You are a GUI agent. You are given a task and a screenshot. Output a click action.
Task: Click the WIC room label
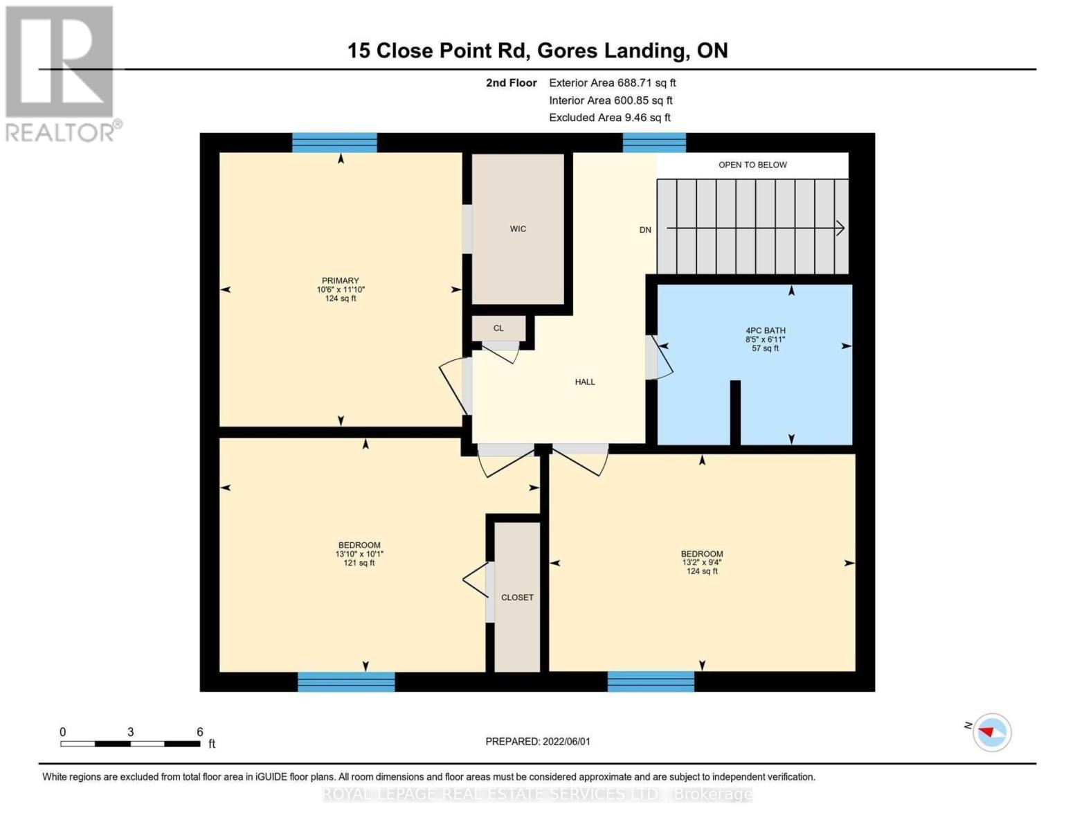[x=518, y=229]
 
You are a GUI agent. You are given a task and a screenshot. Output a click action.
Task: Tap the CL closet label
[x=498, y=328]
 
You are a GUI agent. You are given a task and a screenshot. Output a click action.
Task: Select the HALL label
[x=584, y=382]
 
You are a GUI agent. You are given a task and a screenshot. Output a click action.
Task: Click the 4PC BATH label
[x=765, y=331]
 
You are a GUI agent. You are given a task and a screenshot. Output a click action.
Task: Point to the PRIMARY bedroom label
[x=340, y=281]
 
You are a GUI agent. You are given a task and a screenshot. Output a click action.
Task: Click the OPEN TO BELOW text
[x=752, y=165]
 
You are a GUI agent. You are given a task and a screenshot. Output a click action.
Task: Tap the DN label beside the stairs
[x=645, y=230]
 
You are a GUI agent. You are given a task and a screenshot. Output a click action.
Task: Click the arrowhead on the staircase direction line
[x=840, y=228]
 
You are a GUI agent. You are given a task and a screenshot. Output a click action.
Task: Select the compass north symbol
[x=991, y=731]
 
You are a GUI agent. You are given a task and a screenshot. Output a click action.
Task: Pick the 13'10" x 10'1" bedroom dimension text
[x=359, y=554]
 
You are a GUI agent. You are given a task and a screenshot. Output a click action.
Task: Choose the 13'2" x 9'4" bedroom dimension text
[x=702, y=563]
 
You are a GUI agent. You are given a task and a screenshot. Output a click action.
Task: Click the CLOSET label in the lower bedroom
[x=517, y=598]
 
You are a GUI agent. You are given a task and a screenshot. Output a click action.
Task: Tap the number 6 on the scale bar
[x=200, y=732]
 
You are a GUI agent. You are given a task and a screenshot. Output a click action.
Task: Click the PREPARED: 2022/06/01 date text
[x=538, y=742]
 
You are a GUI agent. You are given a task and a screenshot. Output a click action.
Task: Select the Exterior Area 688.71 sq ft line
[x=612, y=83]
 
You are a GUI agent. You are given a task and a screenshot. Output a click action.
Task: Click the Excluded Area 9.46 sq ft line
[x=609, y=118]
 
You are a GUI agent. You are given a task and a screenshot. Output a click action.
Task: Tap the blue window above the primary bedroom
[x=334, y=143]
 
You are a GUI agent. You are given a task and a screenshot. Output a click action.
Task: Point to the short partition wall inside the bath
[x=735, y=413]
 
